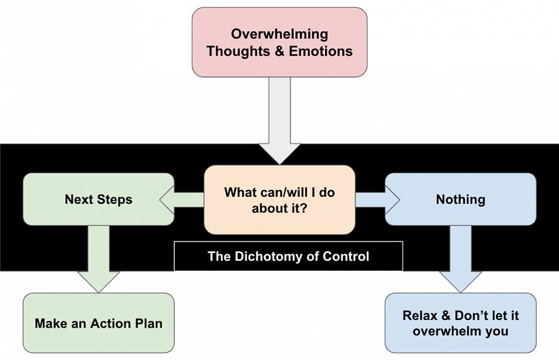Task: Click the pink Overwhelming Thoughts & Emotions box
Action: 279,42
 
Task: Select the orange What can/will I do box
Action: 279,199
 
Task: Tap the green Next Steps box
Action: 98,199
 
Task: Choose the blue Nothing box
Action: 460,199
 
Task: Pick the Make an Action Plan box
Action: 98,323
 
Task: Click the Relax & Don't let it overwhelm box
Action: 460,323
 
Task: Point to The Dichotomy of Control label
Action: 288,256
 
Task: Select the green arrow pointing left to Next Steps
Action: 182,200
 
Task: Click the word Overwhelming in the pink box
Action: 279,34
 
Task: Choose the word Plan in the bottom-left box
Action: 149,323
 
